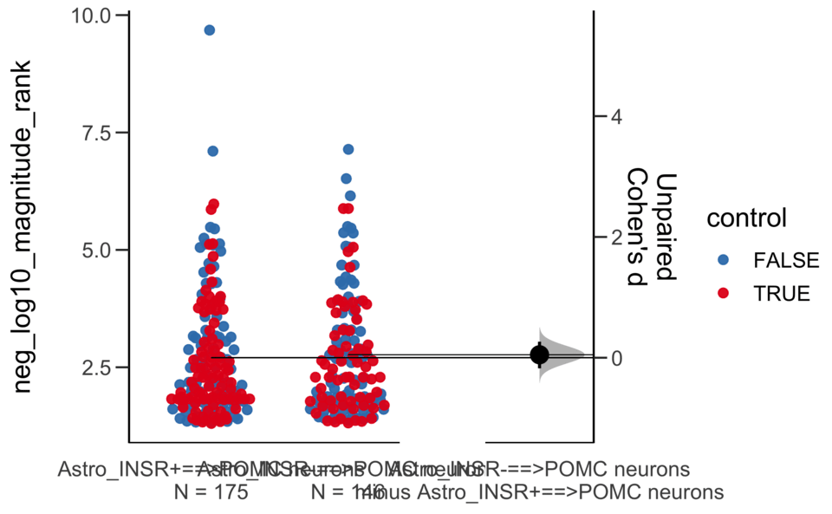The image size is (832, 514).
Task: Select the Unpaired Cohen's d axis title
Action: (652, 227)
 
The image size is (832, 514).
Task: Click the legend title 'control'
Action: (746, 218)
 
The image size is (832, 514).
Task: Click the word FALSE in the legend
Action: (785, 259)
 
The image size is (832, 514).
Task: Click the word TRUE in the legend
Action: (782, 293)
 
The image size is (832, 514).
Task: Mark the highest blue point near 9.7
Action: (210, 30)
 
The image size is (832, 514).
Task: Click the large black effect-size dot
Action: (540, 354)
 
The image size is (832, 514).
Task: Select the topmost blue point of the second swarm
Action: (348, 149)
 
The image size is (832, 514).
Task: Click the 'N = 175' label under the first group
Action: (211, 492)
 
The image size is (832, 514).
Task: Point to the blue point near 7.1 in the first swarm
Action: (212, 151)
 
